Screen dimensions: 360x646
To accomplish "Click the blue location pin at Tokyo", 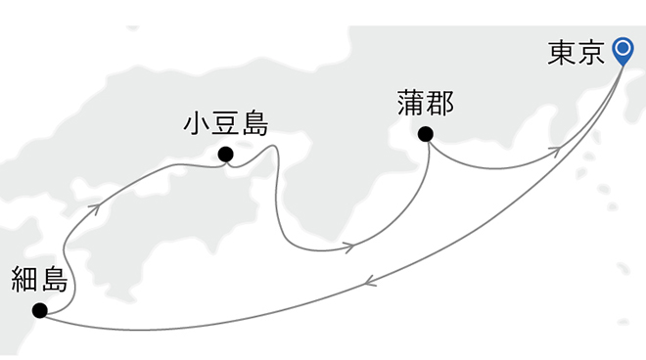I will [x=623, y=49].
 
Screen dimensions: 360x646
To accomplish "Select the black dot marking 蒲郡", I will [x=426, y=134].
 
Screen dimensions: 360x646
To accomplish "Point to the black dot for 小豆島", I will [x=226, y=154].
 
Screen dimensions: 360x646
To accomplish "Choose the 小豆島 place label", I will [x=226, y=124].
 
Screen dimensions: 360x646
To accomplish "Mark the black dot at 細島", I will [x=39, y=311].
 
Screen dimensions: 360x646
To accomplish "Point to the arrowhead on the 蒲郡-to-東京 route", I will [x=553, y=150].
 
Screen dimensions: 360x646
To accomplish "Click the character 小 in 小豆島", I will [x=198, y=124].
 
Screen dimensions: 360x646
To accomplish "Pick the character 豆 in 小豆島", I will [x=226, y=124].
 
